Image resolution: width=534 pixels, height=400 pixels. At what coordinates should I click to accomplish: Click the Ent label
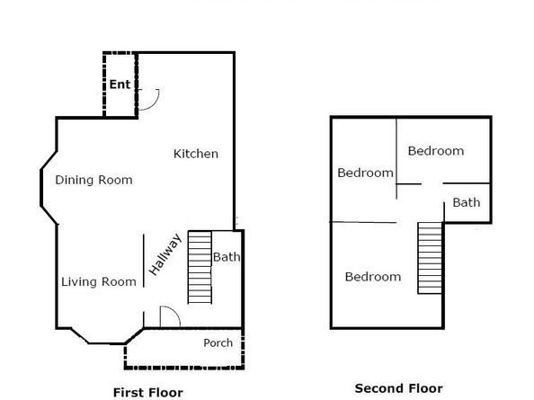[120, 85]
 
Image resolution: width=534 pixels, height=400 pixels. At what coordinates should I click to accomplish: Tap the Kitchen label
[195, 154]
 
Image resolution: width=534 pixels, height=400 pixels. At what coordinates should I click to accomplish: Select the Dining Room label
[93, 180]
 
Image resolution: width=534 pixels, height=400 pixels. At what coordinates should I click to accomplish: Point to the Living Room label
[99, 282]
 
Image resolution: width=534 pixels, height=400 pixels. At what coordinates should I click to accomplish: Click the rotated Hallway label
[165, 253]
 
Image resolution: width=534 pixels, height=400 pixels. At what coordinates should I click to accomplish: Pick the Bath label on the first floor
[227, 257]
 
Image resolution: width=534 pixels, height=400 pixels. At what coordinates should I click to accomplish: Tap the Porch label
[218, 343]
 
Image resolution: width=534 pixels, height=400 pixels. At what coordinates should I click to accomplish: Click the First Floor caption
[147, 392]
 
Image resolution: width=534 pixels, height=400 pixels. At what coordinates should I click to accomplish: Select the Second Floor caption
[398, 388]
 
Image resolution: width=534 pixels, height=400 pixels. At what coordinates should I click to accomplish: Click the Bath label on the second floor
[466, 202]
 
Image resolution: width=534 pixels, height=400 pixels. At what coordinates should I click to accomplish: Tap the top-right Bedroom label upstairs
[435, 151]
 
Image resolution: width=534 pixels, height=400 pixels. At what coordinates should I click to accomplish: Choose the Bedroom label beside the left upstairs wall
[365, 173]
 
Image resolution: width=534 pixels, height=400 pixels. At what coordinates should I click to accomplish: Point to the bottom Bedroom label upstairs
[372, 277]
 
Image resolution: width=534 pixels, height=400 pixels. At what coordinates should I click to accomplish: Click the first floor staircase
[198, 267]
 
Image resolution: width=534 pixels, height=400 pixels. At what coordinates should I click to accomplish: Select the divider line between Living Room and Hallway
[143, 262]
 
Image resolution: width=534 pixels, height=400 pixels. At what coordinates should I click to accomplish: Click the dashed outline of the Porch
[184, 367]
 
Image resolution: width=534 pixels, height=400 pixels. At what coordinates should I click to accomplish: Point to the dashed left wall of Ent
[102, 85]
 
